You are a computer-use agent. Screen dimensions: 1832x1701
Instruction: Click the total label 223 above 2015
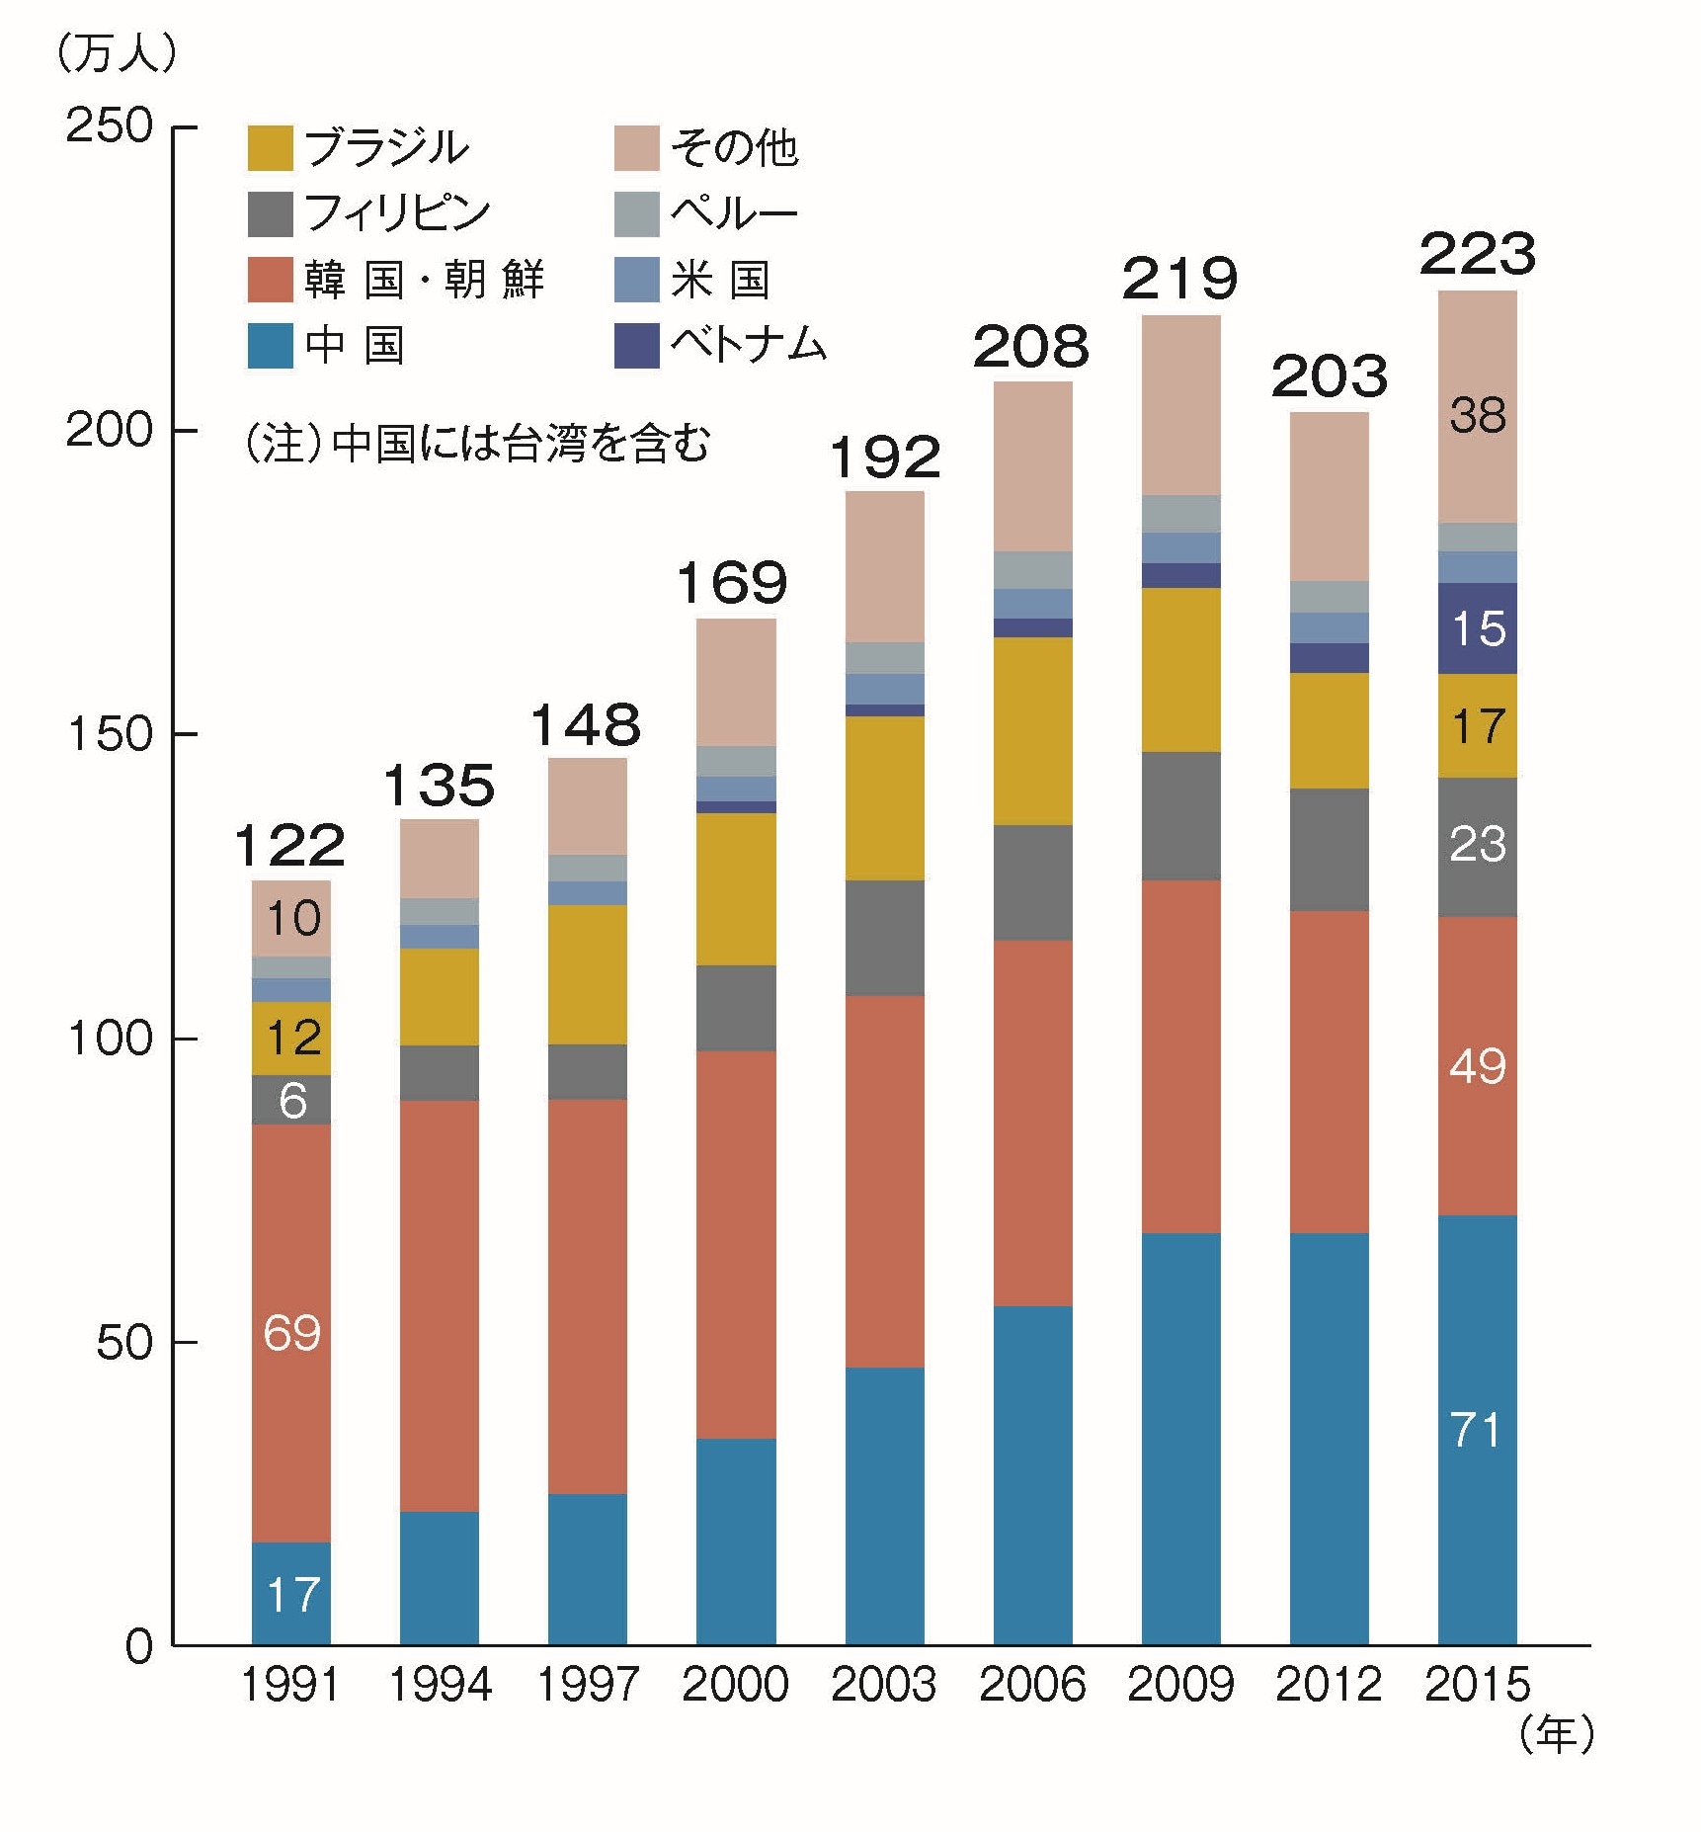1477,254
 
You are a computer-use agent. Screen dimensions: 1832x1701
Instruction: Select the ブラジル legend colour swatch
270,148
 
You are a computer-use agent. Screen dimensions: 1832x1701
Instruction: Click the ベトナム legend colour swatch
636,346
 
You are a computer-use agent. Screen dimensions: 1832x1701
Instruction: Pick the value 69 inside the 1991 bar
291,1333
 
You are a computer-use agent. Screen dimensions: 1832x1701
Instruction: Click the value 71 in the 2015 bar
1477,1430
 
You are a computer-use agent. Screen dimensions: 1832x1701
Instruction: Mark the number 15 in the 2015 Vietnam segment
1477,628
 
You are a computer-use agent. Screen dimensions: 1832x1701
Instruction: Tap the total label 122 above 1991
290,846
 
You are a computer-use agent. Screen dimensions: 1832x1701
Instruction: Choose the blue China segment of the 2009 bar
1180,1438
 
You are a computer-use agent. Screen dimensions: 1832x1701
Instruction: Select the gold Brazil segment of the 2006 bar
1032,730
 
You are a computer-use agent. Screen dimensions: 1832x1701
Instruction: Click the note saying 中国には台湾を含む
477,444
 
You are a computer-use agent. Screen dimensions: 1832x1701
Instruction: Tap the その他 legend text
734,148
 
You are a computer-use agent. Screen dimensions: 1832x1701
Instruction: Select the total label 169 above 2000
733,583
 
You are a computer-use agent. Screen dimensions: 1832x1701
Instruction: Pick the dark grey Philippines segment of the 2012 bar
1329,849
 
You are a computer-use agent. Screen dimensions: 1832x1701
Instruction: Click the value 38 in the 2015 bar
1477,416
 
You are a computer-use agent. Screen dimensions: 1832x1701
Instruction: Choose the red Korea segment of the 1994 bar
440,1305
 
